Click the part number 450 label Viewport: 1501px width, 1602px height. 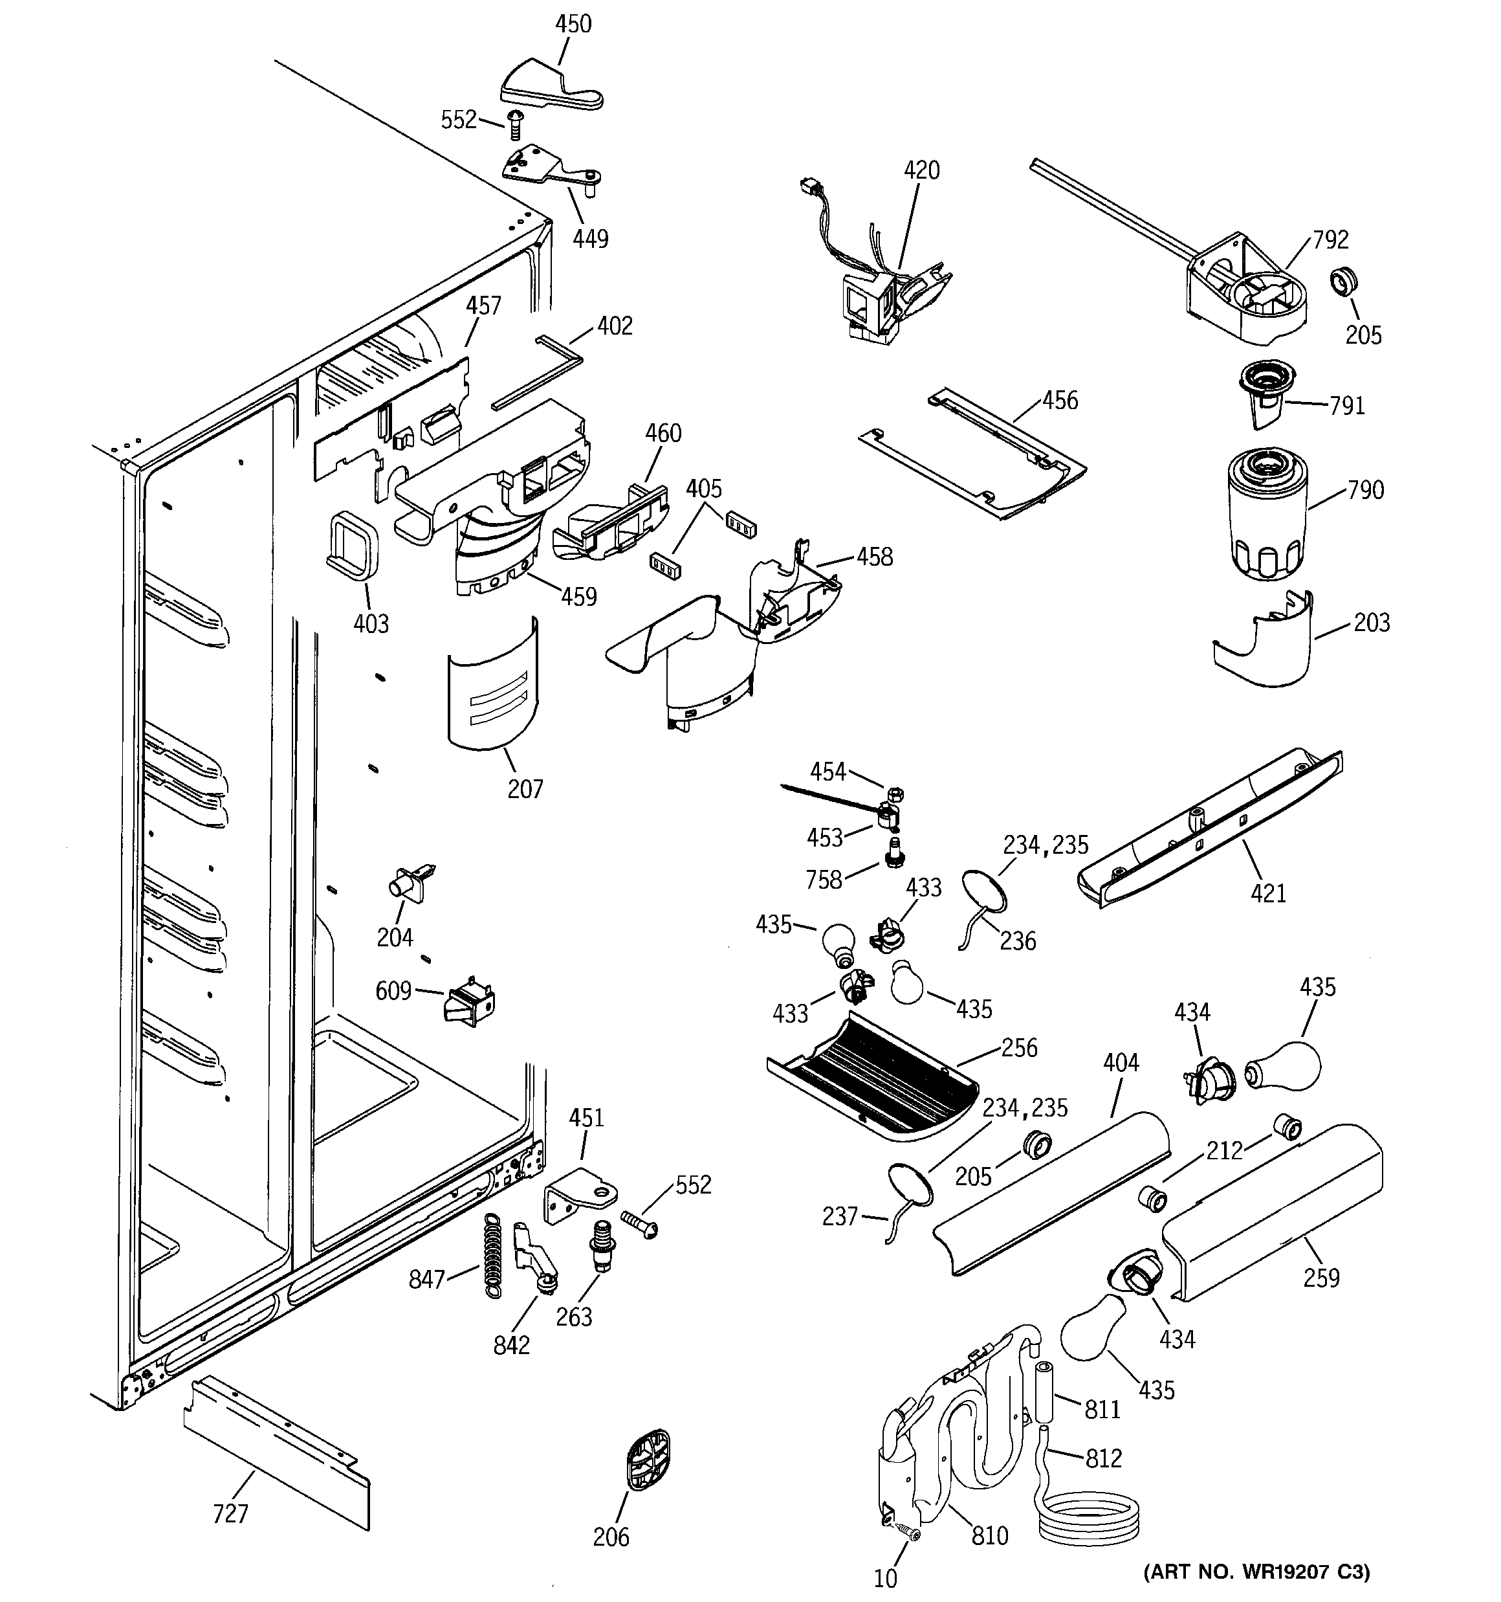573,23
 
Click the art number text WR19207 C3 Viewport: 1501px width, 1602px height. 1257,1572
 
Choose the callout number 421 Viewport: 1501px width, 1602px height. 1268,893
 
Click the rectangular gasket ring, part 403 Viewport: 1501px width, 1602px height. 352,543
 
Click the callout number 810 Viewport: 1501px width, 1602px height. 989,1536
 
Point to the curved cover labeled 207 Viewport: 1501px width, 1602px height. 492,685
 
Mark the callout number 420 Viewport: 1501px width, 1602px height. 921,170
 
